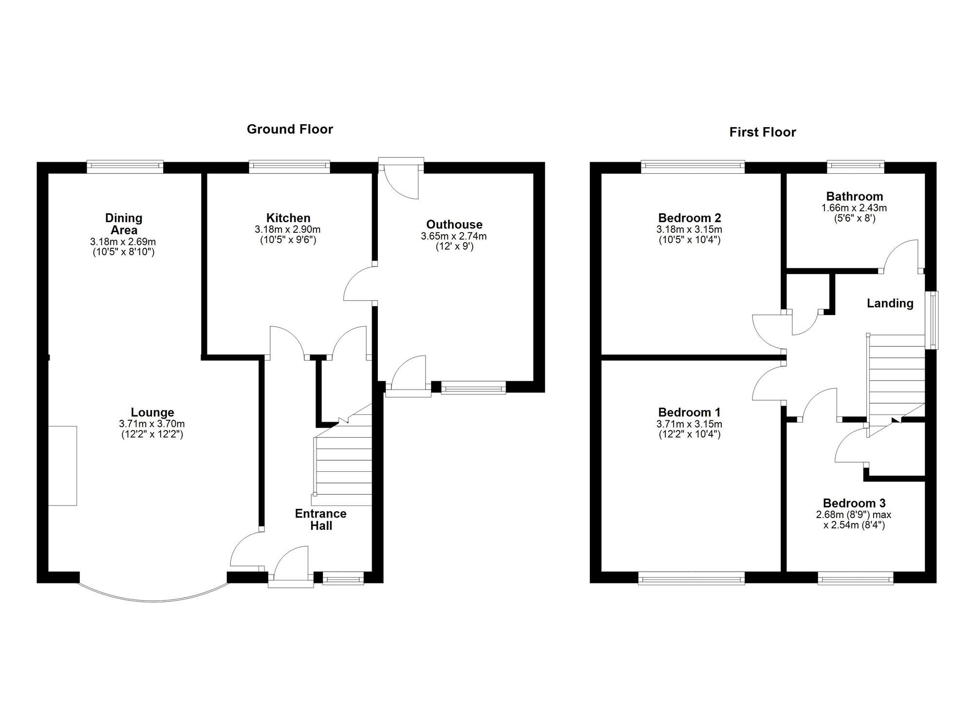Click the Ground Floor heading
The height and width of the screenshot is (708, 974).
[x=290, y=129]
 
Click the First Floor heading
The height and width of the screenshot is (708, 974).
[x=762, y=132]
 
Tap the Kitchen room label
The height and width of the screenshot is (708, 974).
[x=288, y=218]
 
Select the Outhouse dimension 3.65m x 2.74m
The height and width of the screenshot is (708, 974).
[x=453, y=236]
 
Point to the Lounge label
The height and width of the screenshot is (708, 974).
[x=152, y=412]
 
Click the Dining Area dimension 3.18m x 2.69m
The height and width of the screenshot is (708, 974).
[x=123, y=242]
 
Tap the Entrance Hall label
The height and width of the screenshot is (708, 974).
[x=320, y=520]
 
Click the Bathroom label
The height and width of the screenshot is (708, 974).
[x=854, y=196]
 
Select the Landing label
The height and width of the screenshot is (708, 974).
[x=890, y=303]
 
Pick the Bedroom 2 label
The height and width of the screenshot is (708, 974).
[x=689, y=218]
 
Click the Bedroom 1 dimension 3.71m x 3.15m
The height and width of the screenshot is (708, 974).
[x=689, y=424]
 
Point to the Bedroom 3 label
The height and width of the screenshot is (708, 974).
[x=854, y=503]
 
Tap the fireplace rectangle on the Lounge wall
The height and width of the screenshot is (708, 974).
[x=62, y=466]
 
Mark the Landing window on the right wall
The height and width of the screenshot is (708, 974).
[x=933, y=320]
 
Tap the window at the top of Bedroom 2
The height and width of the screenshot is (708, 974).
[x=693, y=167]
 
